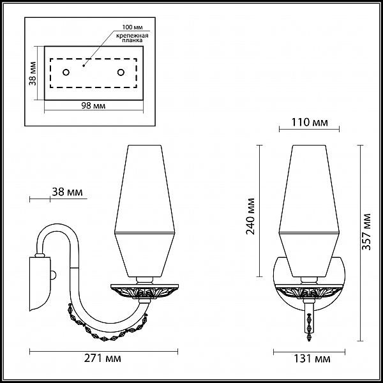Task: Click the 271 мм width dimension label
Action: tap(103, 358)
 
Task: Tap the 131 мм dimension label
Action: tap(312, 359)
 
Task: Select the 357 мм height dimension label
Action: tap(366, 232)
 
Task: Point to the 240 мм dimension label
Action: tap(250, 216)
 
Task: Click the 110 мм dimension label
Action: tap(310, 122)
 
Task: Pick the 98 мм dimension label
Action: tap(93, 106)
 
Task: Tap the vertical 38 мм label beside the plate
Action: tap(33, 73)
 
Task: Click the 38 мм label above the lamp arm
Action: tap(67, 192)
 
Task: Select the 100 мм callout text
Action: tap(132, 27)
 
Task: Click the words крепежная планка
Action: tap(132, 38)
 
